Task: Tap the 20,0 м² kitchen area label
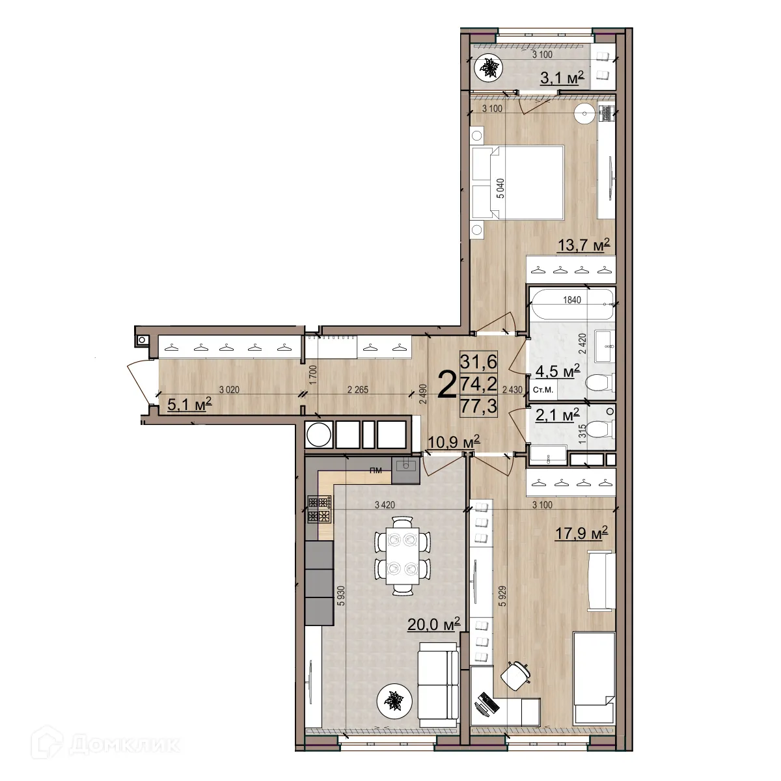tap(433, 624)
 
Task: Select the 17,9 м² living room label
tap(581, 534)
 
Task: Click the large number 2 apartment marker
tap(446, 385)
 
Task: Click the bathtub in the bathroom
tap(571, 304)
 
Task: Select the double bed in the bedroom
tap(518, 182)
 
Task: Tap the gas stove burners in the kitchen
tap(320, 509)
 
